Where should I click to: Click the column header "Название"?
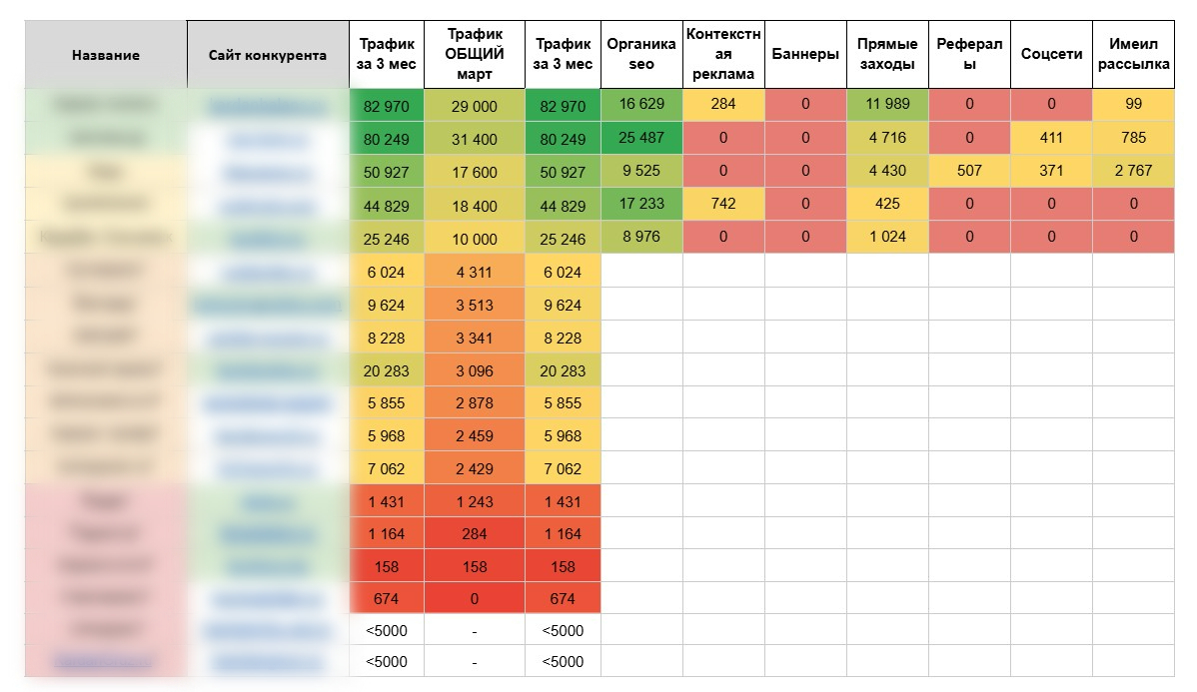tap(105, 55)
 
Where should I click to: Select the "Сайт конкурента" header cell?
tap(268, 55)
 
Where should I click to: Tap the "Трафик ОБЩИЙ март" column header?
tap(475, 54)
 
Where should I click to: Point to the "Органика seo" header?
tap(641, 54)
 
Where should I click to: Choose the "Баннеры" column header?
tap(805, 54)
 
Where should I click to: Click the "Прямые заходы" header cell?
tap(887, 54)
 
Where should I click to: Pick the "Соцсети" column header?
tap(1051, 54)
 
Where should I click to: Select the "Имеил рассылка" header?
tap(1133, 54)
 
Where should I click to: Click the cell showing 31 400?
tap(475, 139)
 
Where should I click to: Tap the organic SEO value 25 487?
tap(641, 138)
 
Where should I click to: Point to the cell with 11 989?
tap(887, 105)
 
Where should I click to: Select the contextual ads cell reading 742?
tap(723, 204)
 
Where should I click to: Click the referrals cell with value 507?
tap(969, 171)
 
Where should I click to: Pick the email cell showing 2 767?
tap(1133, 171)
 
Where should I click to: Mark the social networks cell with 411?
tap(1051, 138)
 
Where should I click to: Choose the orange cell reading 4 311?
tap(475, 271)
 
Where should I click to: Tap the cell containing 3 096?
tap(475, 370)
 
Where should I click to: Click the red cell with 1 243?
tap(475, 501)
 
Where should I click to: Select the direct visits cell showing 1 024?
tap(887, 238)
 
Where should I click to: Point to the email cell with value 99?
tap(1133, 105)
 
